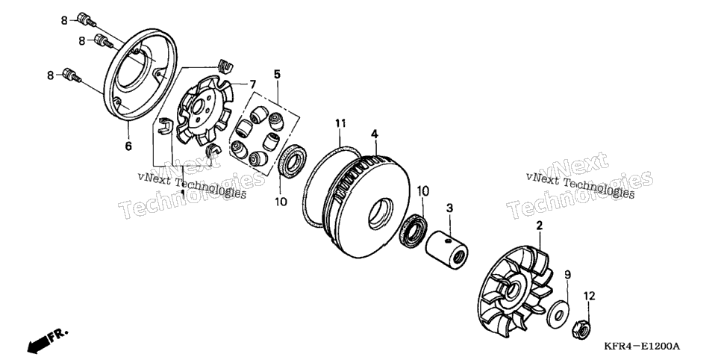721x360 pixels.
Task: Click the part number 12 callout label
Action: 589,296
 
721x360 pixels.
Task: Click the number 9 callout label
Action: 567,275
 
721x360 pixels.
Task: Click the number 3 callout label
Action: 449,208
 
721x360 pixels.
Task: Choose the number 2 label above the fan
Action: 539,226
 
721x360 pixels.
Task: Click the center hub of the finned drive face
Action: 511,290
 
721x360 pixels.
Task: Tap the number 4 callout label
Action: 375,134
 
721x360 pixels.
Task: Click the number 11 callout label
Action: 340,123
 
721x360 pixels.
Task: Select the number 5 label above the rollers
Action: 277,74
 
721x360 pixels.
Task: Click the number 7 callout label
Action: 252,84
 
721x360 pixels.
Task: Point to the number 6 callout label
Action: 128,146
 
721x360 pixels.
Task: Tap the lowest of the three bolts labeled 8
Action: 72,75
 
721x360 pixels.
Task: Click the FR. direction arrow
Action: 46,340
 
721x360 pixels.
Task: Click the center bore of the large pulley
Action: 381,214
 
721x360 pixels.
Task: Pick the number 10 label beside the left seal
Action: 281,202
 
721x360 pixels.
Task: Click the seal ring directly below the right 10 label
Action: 415,230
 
